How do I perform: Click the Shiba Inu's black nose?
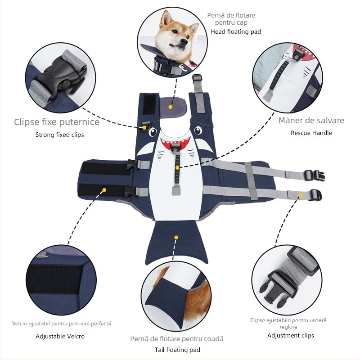pyautogui.click(x=184, y=41)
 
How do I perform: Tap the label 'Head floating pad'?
pyautogui.click(x=236, y=31)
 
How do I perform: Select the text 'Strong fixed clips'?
pyautogui.click(x=60, y=135)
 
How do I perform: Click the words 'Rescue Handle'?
pyautogui.click(x=311, y=133)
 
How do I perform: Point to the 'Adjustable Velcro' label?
pyautogui.click(x=60, y=336)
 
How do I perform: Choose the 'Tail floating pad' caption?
pyautogui.click(x=177, y=350)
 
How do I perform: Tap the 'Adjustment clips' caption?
pyautogui.click(x=290, y=335)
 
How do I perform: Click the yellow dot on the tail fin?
pyautogui.click(x=176, y=238)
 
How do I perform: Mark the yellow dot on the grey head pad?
pyautogui.click(x=170, y=107)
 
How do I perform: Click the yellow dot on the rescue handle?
pyautogui.click(x=177, y=168)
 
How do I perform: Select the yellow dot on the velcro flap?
pyautogui.click(x=104, y=190)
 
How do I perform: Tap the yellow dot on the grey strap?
pyautogui.click(x=300, y=195)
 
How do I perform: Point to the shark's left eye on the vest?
pyautogui.click(x=153, y=132)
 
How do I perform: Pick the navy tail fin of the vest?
pyautogui.click(x=176, y=242)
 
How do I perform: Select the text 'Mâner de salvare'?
pyautogui.click(x=311, y=120)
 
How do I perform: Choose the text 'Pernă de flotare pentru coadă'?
pyautogui.click(x=177, y=339)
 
